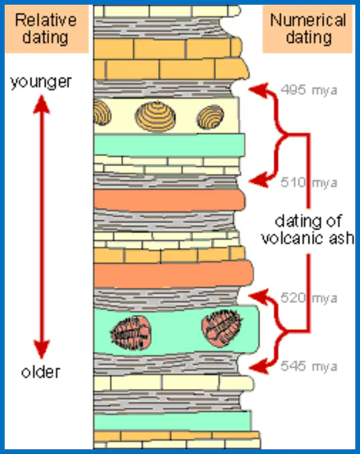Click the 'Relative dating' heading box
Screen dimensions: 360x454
47,29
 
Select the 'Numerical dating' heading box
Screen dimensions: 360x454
308,29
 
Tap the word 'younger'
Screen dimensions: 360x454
41,82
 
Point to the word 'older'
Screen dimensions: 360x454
41,372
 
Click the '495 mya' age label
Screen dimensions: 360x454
309,90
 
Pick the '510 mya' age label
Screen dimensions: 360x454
309,183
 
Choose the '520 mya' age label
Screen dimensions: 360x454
309,298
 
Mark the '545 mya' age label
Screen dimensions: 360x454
309,366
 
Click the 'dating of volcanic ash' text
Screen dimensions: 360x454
308,230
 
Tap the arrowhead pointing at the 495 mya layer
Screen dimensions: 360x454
258,90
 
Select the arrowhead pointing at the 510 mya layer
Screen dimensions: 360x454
258,180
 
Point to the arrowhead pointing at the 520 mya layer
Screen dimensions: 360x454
258,296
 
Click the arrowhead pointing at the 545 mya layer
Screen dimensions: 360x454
258,367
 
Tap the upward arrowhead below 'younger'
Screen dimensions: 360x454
41,105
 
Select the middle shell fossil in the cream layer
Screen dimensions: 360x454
155,116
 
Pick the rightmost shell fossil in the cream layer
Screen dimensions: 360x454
210,117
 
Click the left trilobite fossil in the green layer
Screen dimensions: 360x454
131,333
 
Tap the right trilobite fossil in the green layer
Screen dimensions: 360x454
222,328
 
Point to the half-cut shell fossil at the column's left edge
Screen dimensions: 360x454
102,112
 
